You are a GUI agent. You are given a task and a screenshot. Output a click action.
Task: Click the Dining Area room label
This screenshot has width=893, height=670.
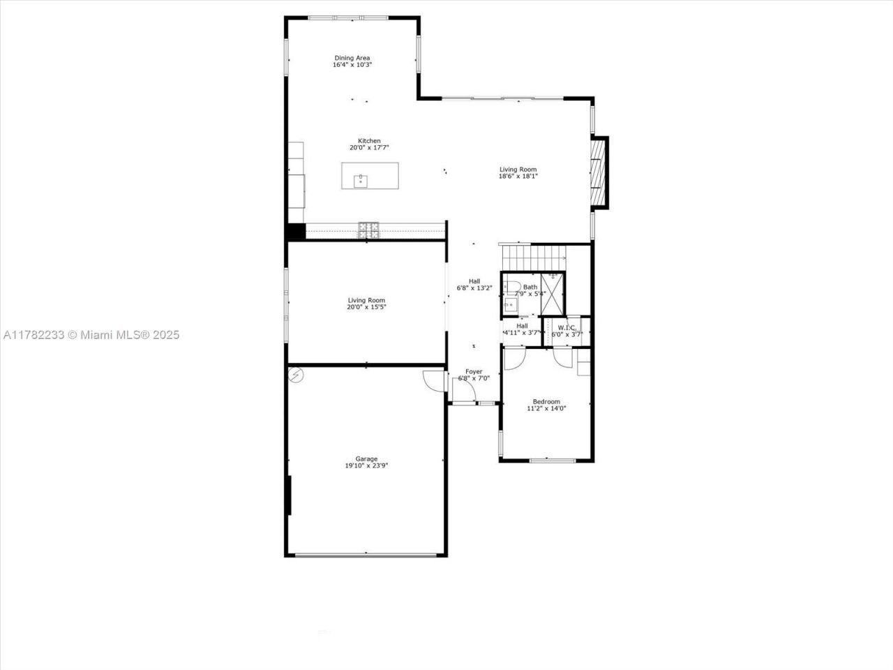click(x=352, y=61)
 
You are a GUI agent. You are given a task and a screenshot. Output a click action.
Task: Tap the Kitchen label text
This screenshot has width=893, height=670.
click(x=369, y=144)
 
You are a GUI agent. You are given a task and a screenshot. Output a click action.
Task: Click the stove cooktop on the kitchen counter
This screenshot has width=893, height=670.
click(x=369, y=230)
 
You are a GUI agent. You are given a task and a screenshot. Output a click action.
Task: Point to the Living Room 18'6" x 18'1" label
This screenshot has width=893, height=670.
click(x=518, y=172)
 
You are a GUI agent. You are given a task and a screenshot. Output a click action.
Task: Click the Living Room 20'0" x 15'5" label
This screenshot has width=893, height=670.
click(x=366, y=304)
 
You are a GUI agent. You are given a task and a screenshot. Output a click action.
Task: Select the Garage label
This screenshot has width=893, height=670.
click(x=366, y=462)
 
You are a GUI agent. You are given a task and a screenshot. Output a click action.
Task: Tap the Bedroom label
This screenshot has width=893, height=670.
click(x=546, y=405)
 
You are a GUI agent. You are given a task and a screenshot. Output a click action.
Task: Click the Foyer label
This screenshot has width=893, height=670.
click(x=474, y=375)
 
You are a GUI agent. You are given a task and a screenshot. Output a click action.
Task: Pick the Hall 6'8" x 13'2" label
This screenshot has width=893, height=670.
click(x=474, y=284)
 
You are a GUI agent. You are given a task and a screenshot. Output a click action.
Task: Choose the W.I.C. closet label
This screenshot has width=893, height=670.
click(x=566, y=330)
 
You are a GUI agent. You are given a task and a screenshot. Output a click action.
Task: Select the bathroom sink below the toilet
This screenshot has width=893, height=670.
click(x=510, y=304)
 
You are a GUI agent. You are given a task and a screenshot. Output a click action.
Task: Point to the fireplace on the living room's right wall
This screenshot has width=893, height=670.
click(x=598, y=172)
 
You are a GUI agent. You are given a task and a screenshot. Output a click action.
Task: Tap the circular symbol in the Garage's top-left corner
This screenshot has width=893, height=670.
click(x=296, y=375)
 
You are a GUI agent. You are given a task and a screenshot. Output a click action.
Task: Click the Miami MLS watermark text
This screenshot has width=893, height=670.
click(x=91, y=335)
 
